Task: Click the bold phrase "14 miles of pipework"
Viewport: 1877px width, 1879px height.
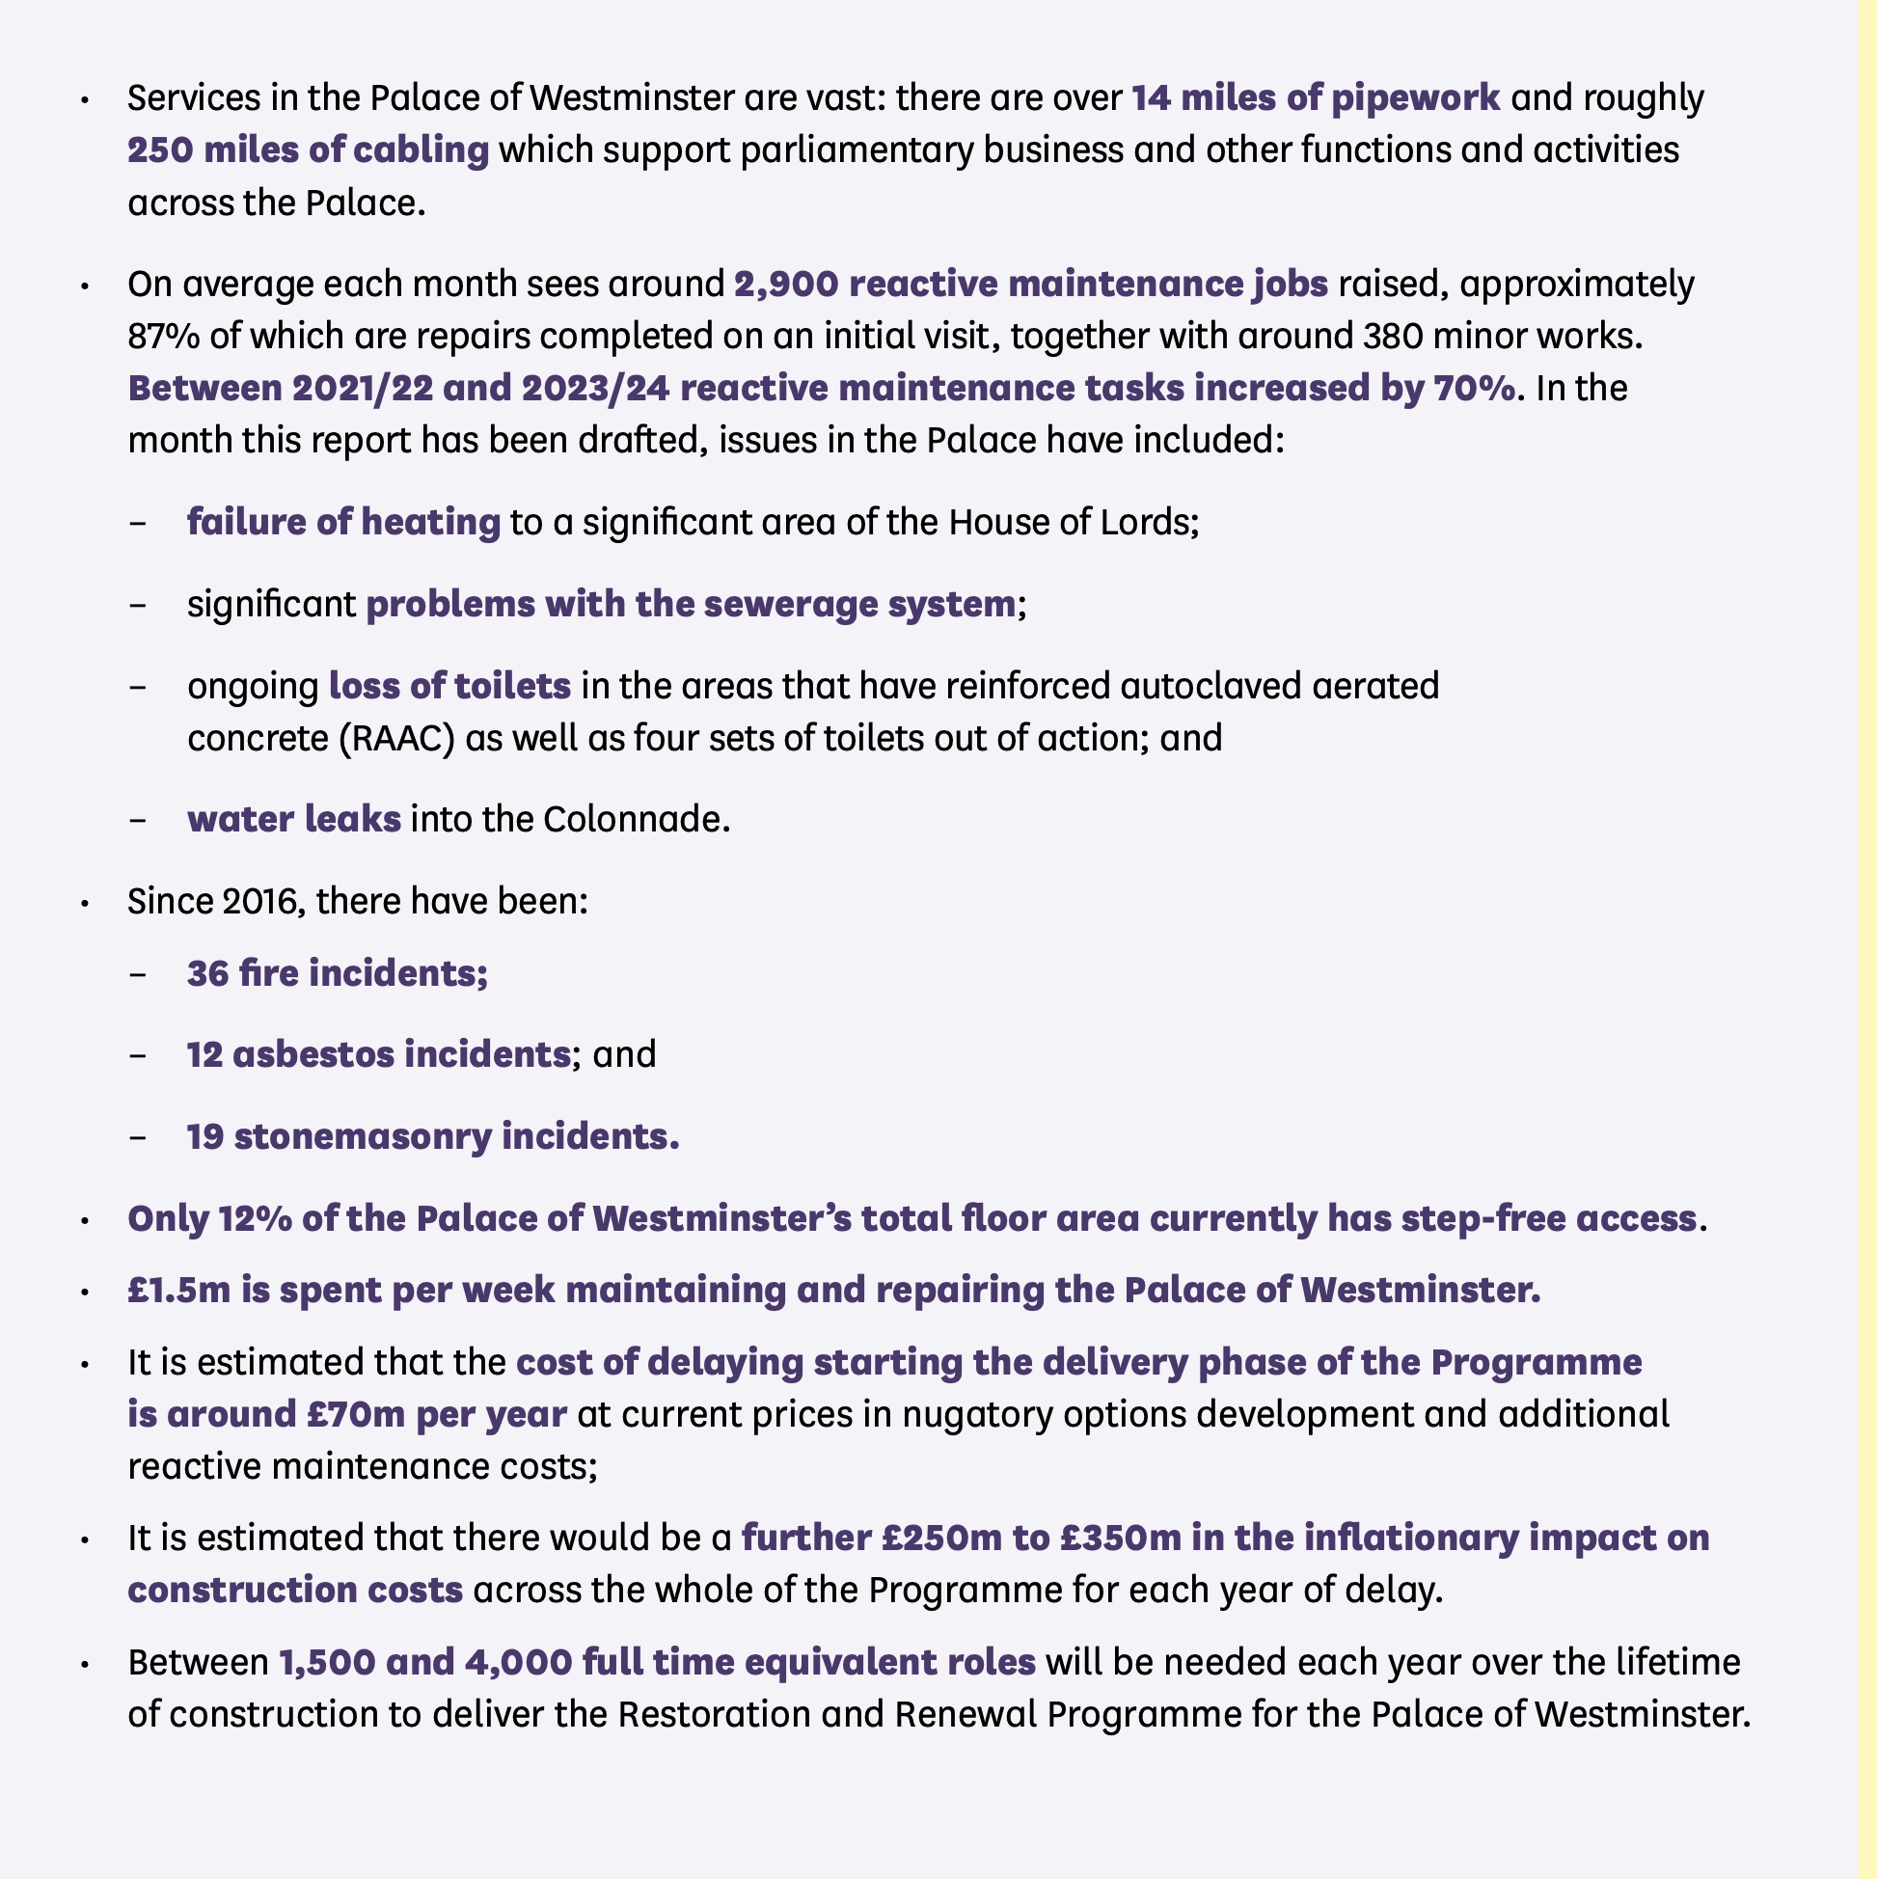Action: click(1315, 98)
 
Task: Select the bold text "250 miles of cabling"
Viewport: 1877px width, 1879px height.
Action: click(309, 150)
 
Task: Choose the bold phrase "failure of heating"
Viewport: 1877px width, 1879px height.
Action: click(343, 522)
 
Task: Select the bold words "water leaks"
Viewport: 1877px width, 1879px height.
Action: click(294, 819)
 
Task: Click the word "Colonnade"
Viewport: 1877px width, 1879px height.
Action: click(635, 819)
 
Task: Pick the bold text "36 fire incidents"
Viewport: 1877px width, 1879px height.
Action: click(338, 972)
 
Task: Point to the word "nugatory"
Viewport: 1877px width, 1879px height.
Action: click(972, 1413)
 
